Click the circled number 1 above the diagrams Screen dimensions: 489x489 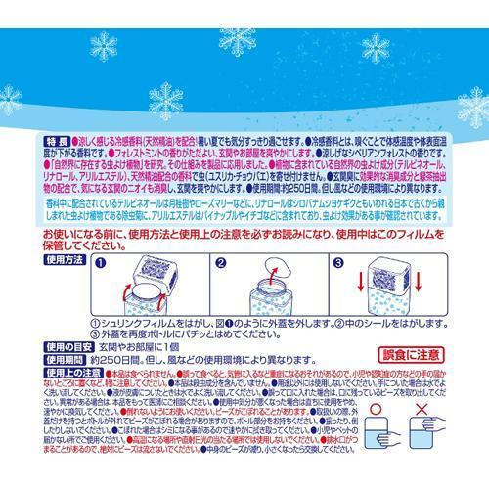[x=100, y=264]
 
